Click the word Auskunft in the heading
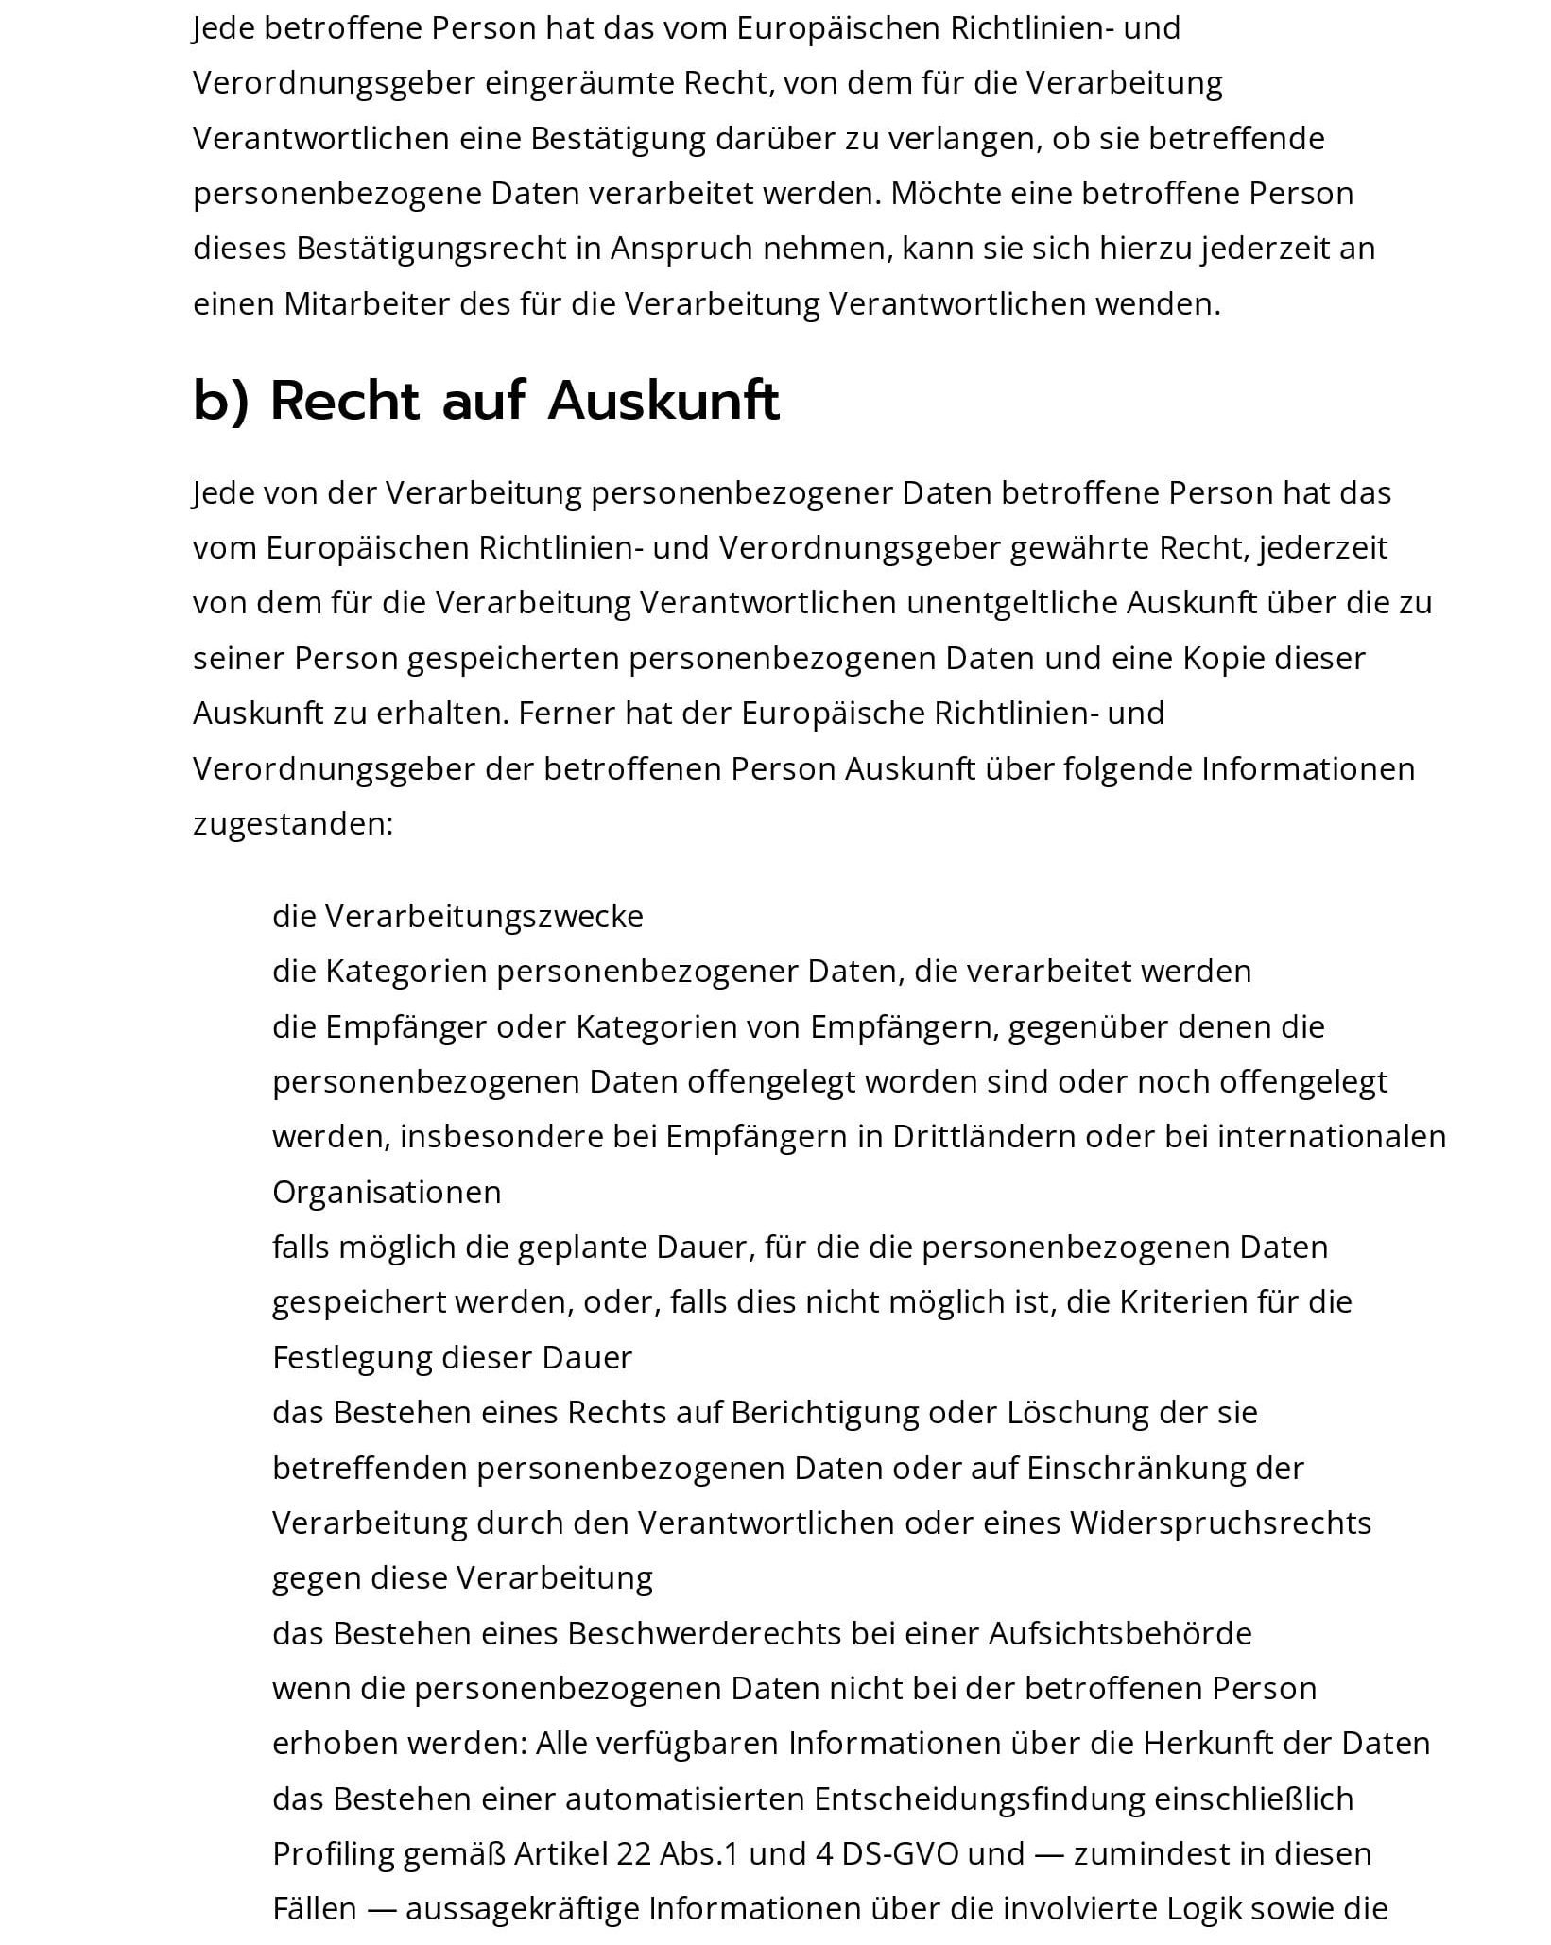(663, 401)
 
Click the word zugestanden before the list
(292, 824)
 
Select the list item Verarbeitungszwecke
(484, 916)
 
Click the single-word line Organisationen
(387, 1192)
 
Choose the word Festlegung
(353, 1357)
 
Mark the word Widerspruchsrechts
(1220, 1523)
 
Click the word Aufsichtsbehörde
(1120, 1633)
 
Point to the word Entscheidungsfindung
(1020, 1798)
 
